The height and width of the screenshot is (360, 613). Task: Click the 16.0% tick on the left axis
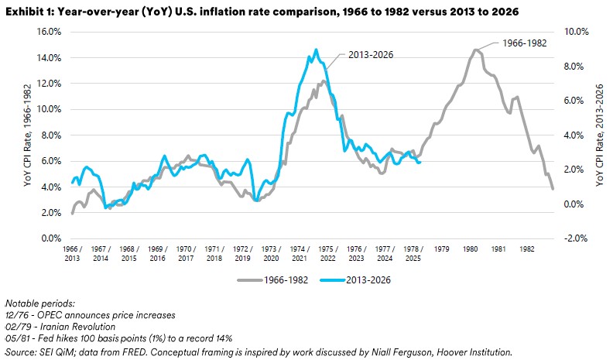click(48, 32)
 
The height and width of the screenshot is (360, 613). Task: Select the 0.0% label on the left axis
click(51, 238)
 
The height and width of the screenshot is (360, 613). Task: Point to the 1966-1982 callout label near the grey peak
click(524, 42)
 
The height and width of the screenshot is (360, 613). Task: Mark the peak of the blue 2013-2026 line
click(316, 50)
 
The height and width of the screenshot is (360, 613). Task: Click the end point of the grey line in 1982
click(553, 189)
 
